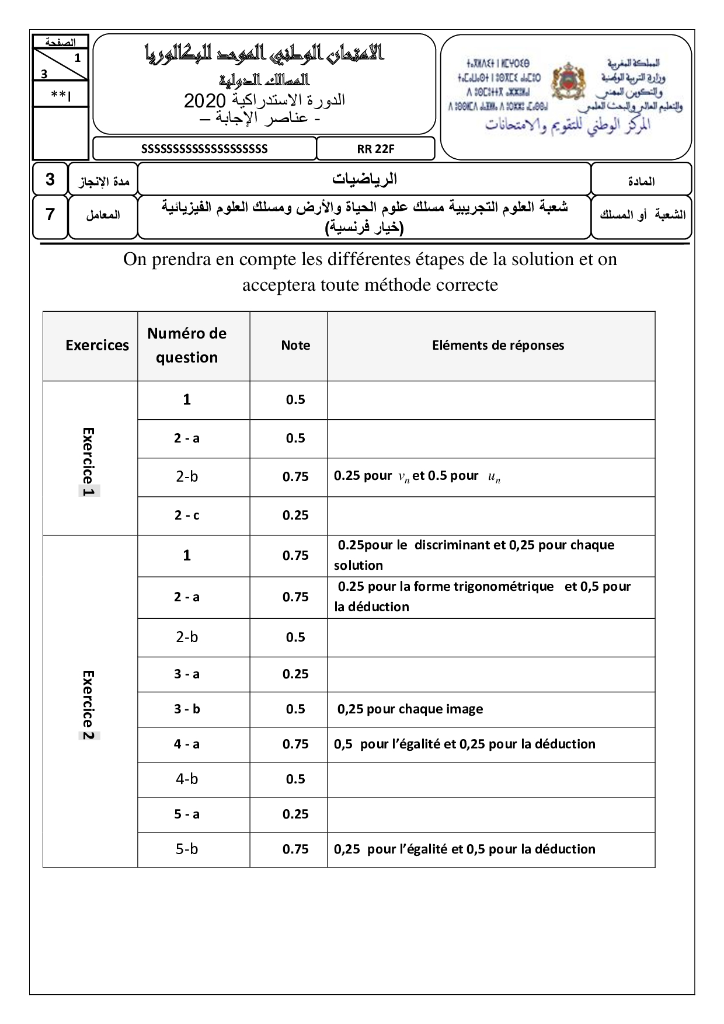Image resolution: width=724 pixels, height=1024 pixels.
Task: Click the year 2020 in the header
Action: coord(204,101)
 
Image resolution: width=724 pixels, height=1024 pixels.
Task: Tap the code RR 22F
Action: coord(375,149)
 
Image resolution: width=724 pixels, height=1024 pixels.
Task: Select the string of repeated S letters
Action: coord(204,149)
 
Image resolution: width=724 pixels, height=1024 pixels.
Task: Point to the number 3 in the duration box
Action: coord(50,179)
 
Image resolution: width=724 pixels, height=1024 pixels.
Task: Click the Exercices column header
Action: coord(97,346)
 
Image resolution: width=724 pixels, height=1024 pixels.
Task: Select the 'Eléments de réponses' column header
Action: coord(498,346)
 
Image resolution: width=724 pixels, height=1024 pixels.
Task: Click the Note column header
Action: coord(295,346)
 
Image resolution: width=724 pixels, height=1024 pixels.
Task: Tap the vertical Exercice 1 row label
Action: coord(89,462)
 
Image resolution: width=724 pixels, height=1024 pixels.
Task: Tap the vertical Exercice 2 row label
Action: coord(89,705)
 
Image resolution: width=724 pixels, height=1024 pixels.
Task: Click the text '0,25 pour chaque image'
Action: coord(410,709)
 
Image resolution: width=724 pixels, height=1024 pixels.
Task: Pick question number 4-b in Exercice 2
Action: coord(187,779)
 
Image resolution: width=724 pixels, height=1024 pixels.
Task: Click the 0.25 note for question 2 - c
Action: coord(295,516)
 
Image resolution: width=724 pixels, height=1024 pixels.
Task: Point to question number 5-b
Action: coord(187,849)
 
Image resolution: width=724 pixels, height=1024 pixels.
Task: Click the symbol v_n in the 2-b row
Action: coord(403,478)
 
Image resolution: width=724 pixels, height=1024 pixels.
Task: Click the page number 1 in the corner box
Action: coord(77,58)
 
